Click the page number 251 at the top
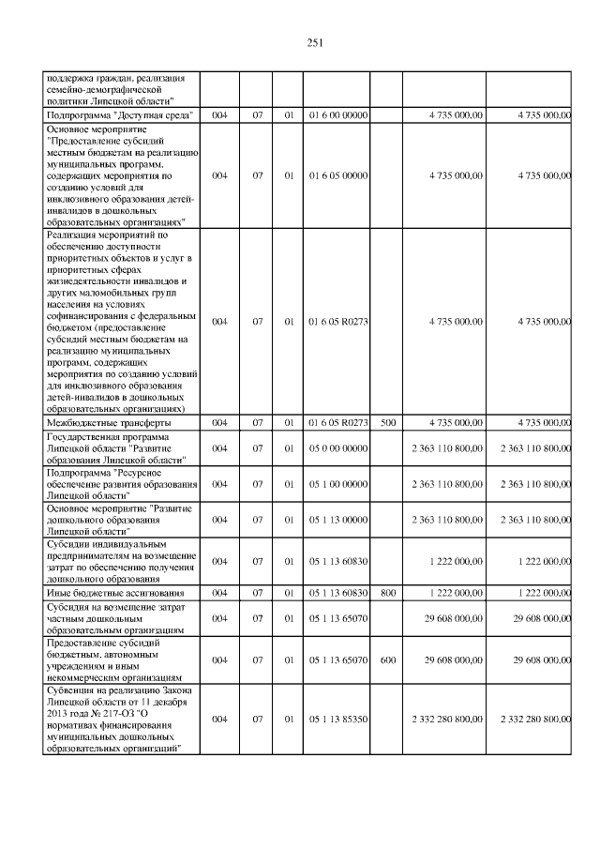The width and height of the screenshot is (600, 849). (314, 42)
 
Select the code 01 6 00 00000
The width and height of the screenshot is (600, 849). (337, 114)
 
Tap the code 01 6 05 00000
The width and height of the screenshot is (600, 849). (337, 175)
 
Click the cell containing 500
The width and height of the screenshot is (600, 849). (388, 423)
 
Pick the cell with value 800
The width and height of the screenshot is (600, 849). (388, 594)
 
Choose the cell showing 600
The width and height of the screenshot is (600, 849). (388, 660)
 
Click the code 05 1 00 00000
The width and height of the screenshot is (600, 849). (337, 484)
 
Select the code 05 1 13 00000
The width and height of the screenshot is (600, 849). (337, 520)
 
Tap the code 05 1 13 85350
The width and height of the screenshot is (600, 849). (337, 720)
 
